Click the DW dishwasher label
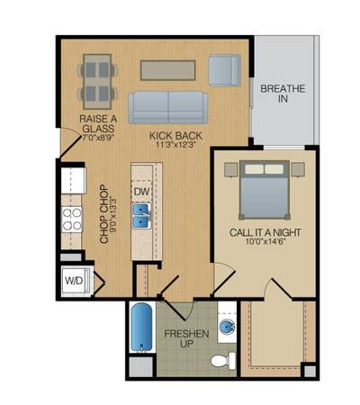pyautogui.click(x=141, y=192)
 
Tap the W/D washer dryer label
pyautogui.click(x=74, y=281)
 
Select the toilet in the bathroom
pyautogui.click(x=223, y=360)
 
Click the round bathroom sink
pyautogui.click(x=227, y=326)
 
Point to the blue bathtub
pyautogui.click(x=142, y=327)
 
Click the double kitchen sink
pyautogui.click(x=141, y=216)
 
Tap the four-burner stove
pyautogui.click(x=72, y=220)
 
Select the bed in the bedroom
pyautogui.click(x=265, y=190)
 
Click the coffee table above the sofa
pyautogui.click(x=168, y=70)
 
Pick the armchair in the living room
pyautogui.click(x=225, y=70)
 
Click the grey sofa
pyautogui.click(x=168, y=107)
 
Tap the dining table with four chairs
pyautogui.click(x=97, y=81)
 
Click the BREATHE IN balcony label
pyautogui.click(x=283, y=94)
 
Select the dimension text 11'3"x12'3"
pyautogui.click(x=175, y=145)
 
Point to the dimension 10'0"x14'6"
pyautogui.click(x=265, y=241)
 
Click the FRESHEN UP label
pyautogui.click(x=186, y=338)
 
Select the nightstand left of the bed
pyautogui.click(x=231, y=169)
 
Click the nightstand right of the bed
pyautogui.click(x=298, y=169)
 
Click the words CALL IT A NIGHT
pyautogui.click(x=265, y=232)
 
